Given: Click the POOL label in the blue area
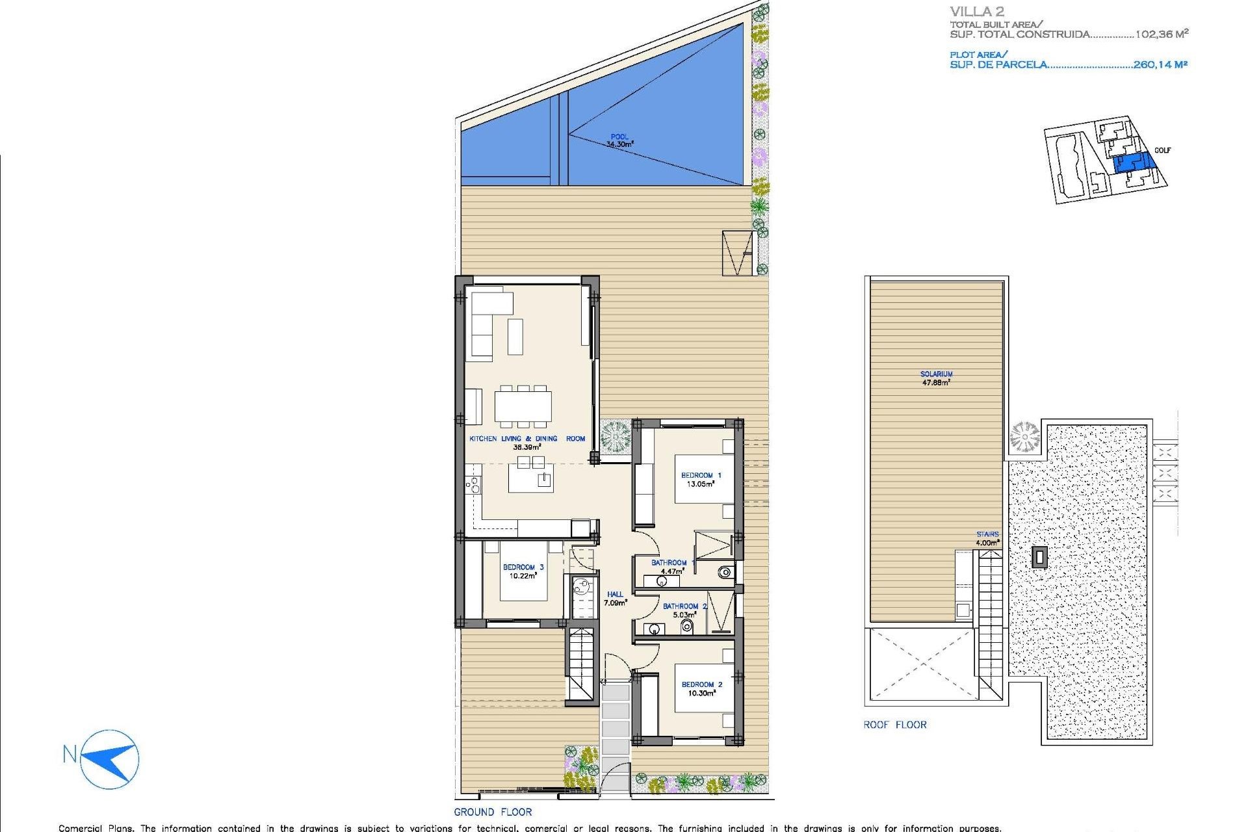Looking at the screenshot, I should point(619,136).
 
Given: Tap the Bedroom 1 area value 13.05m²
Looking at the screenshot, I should point(701,484).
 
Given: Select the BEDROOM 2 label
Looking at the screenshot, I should point(701,684).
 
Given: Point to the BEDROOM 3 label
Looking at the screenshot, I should point(523,567).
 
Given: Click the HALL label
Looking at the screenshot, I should point(615,594).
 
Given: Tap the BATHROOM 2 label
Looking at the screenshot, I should point(684,606).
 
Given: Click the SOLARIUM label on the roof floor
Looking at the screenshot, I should point(936,374).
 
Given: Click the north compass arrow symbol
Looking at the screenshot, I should point(110,759).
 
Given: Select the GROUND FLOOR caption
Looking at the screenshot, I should point(493,812).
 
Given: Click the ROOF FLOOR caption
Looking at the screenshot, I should point(894,725).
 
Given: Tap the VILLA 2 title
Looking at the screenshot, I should point(977,11).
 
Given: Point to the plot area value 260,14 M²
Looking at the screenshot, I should point(1160,64).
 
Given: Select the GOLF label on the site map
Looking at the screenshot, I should point(1162,150).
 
